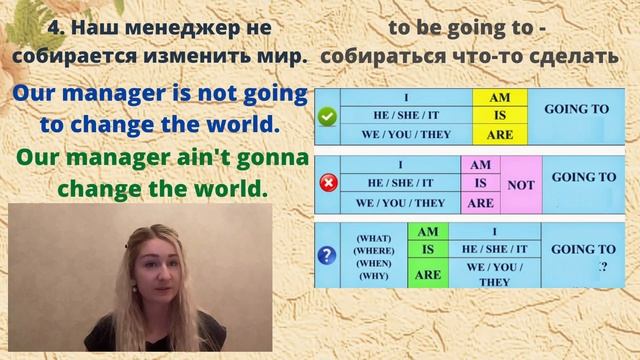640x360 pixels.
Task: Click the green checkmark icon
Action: coord(326,116)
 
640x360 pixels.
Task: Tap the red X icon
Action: coord(326,183)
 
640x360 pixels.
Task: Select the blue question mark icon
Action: coord(326,255)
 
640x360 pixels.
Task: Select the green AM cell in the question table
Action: coord(427,229)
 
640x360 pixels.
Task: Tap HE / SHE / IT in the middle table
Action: coord(400,184)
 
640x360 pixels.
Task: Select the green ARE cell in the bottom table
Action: coord(427,274)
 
